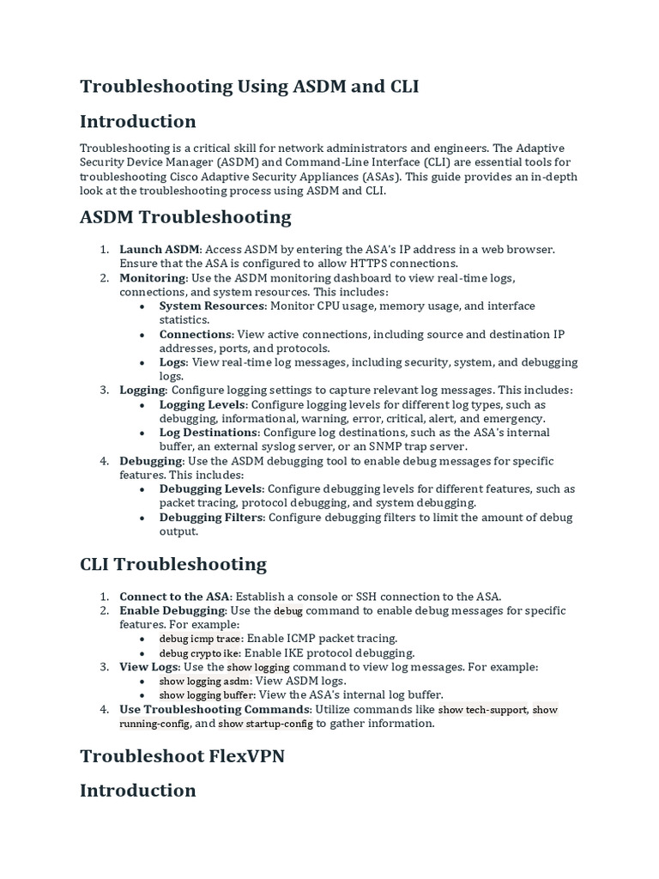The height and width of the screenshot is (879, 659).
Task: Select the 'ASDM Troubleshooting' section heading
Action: point(185,216)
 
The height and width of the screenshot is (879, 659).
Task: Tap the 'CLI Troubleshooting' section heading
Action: point(173,564)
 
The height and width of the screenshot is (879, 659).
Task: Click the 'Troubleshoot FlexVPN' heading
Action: point(183,755)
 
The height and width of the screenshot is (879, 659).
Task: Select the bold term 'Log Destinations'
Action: point(209,433)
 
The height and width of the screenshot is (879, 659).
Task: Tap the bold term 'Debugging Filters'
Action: point(212,517)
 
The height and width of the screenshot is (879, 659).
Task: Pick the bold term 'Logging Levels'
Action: point(203,404)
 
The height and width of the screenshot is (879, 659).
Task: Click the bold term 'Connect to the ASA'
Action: point(175,597)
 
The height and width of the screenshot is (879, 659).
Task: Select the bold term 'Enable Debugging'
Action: point(172,610)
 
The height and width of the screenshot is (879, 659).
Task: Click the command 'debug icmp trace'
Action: point(201,639)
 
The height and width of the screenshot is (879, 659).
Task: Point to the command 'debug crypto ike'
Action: point(201,653)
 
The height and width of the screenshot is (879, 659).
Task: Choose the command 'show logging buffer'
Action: point(207,694)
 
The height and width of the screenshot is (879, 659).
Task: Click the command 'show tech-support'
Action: point(482,710)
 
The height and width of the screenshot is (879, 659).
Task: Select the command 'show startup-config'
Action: point(266,724)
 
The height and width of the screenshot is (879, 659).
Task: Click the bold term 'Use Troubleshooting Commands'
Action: point(215,709)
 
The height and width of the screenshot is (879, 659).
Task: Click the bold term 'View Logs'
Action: point(149,667)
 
